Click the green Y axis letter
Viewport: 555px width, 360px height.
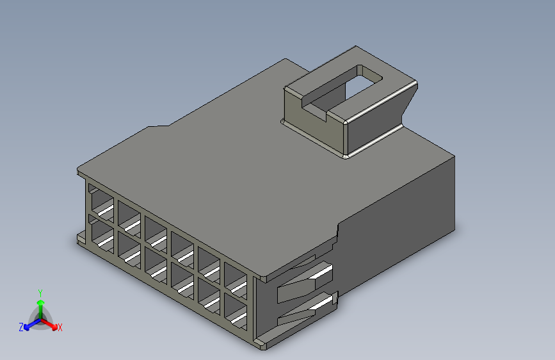(40, 293)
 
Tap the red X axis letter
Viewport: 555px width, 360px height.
(60, 327)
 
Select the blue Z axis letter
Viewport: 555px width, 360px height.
(21, 327)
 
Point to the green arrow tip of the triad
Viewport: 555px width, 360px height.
(41, 302)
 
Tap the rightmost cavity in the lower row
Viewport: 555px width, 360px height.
(236, 311)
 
